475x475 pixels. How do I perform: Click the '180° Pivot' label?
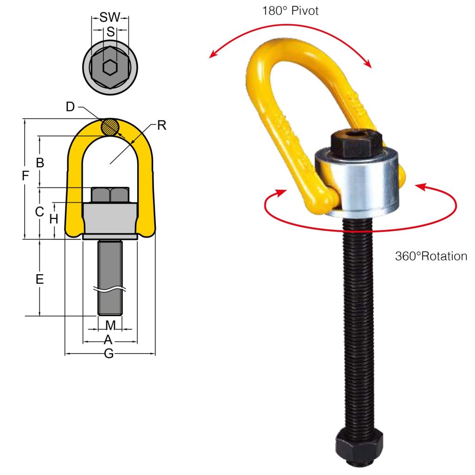pos(290,11)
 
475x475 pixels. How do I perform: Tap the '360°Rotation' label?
pos(431,256)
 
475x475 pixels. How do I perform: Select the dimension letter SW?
pos(110,18)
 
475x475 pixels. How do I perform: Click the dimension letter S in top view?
pos(110,32)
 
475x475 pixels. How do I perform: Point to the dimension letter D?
pos(70,107)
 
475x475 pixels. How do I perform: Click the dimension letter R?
pos(161,125)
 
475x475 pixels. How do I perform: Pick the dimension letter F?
pos(26,176)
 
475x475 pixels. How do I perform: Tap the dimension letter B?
pos(40,163)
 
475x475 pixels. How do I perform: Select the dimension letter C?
pos(40,212)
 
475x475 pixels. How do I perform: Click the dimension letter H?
pos(54,219)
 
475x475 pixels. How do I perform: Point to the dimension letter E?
pos(40,279)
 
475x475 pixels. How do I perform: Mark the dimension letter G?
pos(109,353)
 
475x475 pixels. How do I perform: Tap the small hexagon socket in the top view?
pos(109,68)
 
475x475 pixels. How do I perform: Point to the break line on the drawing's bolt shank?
pos(110,289)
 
